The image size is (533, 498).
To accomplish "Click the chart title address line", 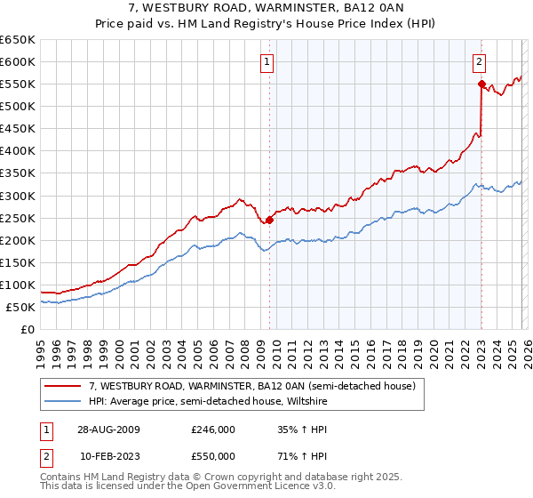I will [x=266, y=9].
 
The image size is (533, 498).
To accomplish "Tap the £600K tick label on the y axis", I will [x=18, y=62].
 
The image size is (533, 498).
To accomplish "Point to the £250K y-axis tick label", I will [x=18, y=218].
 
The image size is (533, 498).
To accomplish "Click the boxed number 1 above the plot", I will [x=267, y=61].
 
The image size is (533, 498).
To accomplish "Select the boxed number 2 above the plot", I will [x=479, y=61].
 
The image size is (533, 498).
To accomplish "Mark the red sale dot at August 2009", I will [x=269, y=220].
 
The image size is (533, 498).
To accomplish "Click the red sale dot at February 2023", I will [x=481, y=84].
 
